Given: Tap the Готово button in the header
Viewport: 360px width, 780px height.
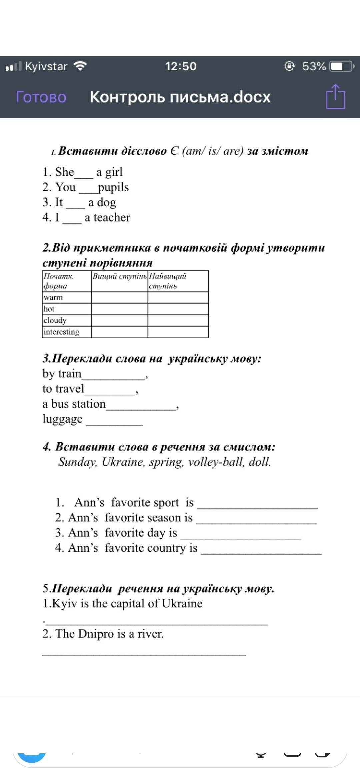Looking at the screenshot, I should coord(41,97).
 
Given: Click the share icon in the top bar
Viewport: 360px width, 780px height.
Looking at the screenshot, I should coord(335,97).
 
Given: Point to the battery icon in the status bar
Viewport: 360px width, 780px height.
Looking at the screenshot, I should coord(341,66).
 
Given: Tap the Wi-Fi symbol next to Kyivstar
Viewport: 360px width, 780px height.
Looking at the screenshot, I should coord(80,66).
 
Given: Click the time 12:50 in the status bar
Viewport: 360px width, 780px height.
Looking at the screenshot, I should coord(181,66).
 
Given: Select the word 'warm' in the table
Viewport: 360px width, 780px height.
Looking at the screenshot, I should coord(53,297).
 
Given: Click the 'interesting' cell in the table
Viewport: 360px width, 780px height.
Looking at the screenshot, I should coord(62,332).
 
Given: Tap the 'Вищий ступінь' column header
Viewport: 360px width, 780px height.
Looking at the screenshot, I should coord(120,276).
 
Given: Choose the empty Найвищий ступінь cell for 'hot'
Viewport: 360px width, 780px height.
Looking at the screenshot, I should coord(178,309).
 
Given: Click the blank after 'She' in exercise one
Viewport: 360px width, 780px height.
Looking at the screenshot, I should coord(84,174).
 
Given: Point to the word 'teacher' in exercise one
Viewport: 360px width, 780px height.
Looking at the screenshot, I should coord(112,217).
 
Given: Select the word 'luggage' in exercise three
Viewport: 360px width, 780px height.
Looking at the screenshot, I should coord(62,419).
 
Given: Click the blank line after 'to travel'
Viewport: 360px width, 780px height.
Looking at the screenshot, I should coord(110,391).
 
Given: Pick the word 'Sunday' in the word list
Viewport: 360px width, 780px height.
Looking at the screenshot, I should coord(78,462).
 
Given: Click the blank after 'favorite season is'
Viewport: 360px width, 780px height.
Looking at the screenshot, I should coord(256,520).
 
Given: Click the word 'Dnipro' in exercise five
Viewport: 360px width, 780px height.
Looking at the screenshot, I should coord(96,634).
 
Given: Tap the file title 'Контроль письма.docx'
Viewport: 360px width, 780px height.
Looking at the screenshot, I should coord(180,97).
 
